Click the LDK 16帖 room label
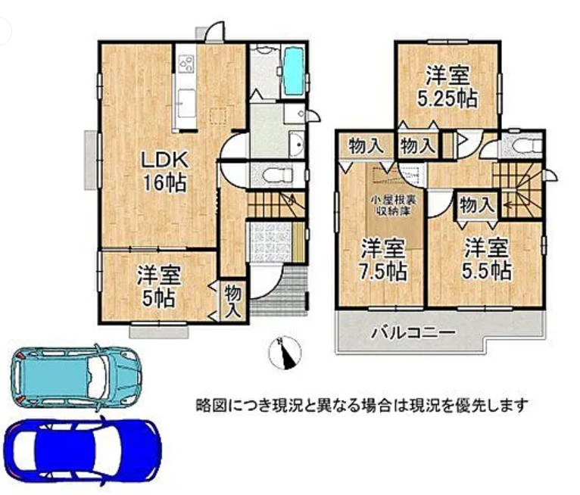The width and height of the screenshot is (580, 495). click(x=164, y=172)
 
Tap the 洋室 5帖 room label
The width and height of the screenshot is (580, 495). click(x=159, y=287)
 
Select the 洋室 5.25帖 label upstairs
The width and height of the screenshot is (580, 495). click(x=447, y=86)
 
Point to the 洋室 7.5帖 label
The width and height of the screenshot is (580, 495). click(x=383, y=260)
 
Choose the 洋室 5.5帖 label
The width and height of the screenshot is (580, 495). click(x=486, y=260)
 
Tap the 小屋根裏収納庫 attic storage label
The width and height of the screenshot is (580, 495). click(x=394, y=206)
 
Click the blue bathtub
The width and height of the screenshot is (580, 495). click(x=294, y=71)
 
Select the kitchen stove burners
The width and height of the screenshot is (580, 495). click(x=186, y=64)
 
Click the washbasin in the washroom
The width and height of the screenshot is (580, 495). click(x=296, y=143)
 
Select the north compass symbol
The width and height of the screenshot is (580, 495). click(x=285, y=353)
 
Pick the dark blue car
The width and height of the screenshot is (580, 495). click(x=83, y=453)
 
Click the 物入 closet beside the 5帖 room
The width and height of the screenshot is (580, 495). click(x=233, y=301)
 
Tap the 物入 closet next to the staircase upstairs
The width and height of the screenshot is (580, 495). click(x=477, y=205)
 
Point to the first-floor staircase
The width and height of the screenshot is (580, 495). click(x=276, y=205)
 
